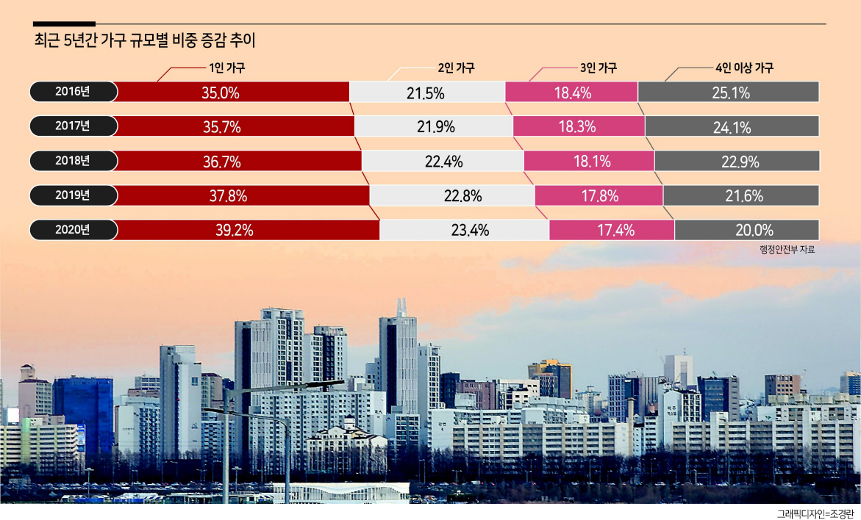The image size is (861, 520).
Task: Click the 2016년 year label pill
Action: point(73,92)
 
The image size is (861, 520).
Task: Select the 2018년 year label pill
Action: point(73,161)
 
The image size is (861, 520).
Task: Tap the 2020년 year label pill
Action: point(73,230)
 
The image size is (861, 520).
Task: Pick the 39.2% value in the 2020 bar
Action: point(235,231)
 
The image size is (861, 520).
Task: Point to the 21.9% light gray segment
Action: point(434,126)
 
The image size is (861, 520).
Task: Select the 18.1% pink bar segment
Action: point(589,161)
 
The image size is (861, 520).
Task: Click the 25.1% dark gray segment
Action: point(729,92)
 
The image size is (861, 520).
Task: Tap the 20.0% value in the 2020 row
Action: point(754,231)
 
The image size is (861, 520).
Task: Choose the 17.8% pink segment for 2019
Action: point(599,195)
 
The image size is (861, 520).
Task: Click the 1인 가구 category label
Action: point(226,68)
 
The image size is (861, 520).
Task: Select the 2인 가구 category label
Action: point(457,68)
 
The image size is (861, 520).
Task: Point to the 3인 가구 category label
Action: point(599,68)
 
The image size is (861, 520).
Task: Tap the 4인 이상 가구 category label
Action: point(744,68)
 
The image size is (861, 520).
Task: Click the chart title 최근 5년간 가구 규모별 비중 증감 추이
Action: point(145,40)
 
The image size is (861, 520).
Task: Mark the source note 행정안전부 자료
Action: point(787,250)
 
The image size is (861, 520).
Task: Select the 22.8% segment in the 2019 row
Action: point(452,195)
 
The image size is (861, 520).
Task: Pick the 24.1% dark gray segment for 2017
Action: point(732,126)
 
